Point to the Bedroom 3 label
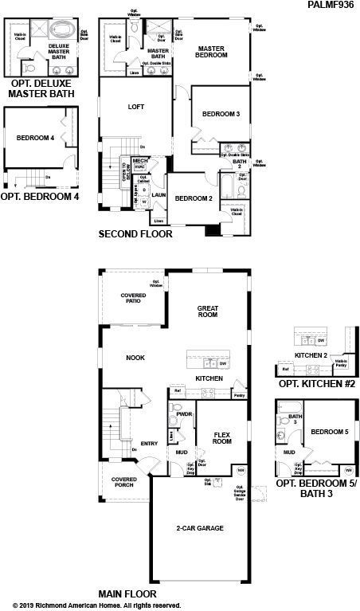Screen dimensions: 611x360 (x=221, y=115)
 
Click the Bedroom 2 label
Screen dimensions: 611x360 (x=194, y=198)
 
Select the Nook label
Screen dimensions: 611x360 (x=135, y=358)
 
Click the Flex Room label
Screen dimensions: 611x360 (x=222, y=437)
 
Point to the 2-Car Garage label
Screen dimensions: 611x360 (x=199, y=528)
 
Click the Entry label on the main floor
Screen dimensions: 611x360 (x=150, y=444)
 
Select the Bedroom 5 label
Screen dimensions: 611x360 (x=330, y=432)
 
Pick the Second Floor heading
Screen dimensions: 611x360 (x=135, y=234)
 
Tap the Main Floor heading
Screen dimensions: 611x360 (x=127, y=593)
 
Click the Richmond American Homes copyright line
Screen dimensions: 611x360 (x=97, y=605)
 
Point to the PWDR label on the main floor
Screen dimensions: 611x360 (x=184, y=414)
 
